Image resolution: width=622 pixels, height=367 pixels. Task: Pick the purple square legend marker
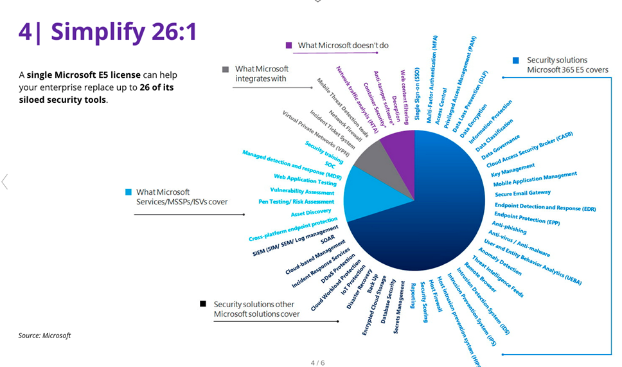pyautogui.click(x=289, y=46)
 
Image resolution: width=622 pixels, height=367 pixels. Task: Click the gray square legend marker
pyautogui.click(x=226, y=69)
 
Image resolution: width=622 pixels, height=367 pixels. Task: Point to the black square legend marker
pyautogui.click(x=203, y=304)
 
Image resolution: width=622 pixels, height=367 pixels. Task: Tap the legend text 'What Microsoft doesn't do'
pyautogui.click(x=343, y=46)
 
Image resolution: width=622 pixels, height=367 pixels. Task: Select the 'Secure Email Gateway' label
pyautogui.click(x=522, y=192)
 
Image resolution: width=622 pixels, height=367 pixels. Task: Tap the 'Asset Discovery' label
pyautogui.click(x=311, y=213)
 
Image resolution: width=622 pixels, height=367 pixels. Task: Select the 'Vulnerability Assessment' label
pyautogui.click(x=302, y=191)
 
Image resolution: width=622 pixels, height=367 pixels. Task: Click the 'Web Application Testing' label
pyautogui.click(x=305, y=180)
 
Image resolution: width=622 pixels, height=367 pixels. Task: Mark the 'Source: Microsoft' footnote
pyautogui.click(x=44, y=336)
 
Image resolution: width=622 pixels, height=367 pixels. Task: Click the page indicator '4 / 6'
pyautogui.click(x=317, y=363)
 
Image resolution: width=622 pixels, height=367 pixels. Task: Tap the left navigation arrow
pyautogui.click(x=5, y=182)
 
